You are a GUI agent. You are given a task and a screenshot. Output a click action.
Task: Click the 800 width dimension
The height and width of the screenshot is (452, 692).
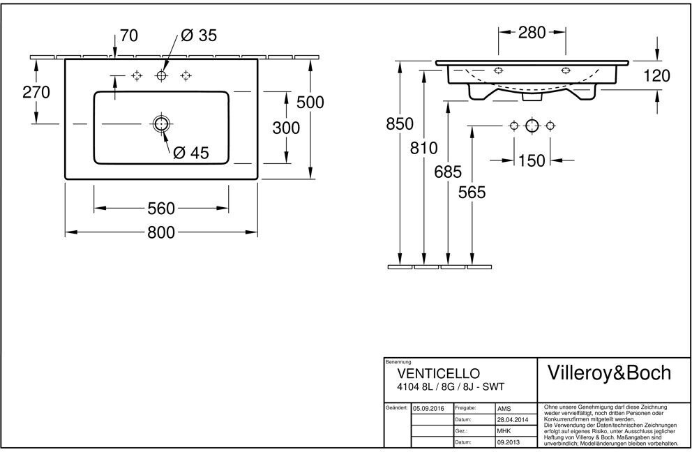tap(161, 232)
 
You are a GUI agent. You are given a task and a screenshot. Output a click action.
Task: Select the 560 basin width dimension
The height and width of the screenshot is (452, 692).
tap(161, 209)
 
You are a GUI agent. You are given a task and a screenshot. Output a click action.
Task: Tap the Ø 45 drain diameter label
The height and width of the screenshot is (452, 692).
tap(190, 153)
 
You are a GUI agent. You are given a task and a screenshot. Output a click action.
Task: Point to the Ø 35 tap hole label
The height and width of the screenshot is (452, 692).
tap(199, 36)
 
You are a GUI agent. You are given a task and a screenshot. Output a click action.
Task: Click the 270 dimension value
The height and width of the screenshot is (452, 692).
tap(36, 92)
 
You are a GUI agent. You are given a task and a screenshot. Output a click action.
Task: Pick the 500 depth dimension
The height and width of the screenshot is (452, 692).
tap(310, 103)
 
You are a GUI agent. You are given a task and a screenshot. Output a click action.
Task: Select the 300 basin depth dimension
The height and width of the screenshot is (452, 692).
tap(286, 128)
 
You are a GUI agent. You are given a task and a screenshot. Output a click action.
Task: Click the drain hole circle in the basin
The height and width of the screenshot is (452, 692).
tap(161, 124)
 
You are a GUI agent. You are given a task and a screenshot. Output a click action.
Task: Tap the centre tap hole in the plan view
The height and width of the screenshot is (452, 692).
tap(161, 76)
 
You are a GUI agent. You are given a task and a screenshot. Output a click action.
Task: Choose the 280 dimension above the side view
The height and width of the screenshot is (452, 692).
tap(532, 32)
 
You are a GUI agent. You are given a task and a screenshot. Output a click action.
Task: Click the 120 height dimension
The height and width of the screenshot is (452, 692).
tap(656, 76)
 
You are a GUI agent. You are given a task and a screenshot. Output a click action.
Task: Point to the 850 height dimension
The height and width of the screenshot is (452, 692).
tap(400, 124)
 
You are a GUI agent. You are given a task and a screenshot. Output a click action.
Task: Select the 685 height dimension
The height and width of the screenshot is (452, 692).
tap(448, 172)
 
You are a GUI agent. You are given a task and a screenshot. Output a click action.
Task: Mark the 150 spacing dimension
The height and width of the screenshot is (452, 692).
tap(532, 160)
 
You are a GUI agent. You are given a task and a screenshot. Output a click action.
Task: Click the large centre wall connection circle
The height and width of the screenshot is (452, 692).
tap(532, 126)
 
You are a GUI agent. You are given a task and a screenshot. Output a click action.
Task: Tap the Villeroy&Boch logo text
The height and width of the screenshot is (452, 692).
tap(609, 373)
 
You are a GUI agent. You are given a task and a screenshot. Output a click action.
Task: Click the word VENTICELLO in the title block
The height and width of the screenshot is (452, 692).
tap(438, 373)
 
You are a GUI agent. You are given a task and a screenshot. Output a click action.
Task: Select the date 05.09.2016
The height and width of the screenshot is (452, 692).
tap(428, 408)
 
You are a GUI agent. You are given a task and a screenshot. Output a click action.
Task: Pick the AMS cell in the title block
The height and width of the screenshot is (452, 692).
tap(504, 409)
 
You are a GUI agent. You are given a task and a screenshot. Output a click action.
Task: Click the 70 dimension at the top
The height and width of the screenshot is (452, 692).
tap(129, 36)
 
